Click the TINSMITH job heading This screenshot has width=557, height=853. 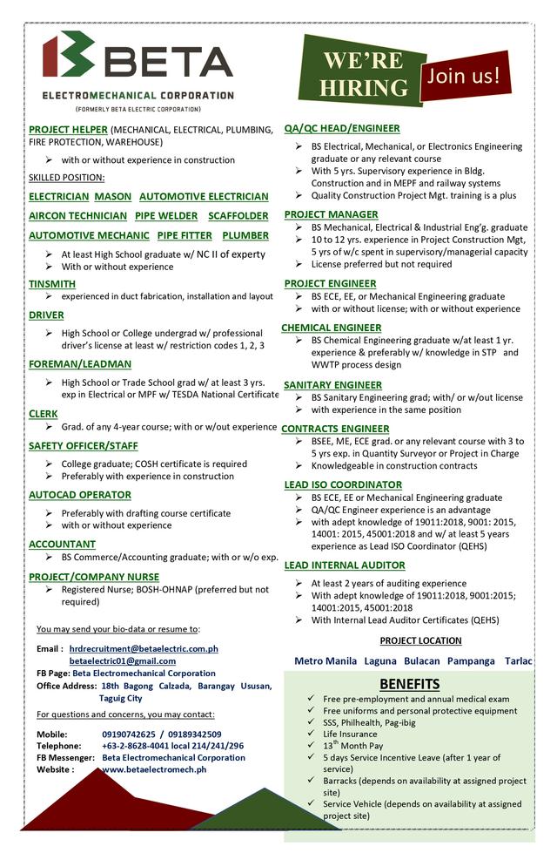coord(52,284)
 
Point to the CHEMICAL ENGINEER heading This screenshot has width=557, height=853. coord(331,328)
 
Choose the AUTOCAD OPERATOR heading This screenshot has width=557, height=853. coord(80,495)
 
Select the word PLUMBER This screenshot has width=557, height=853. coord(245,235)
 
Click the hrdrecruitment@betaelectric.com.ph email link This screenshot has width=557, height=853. coord(144,648)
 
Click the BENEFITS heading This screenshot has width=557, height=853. coord(409,683)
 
